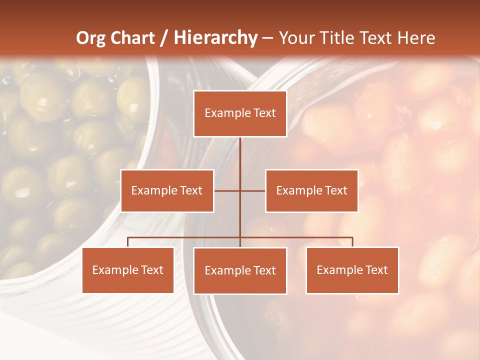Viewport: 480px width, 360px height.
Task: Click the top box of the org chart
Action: (240, 113)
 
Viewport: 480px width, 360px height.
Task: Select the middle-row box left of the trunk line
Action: (167, 190)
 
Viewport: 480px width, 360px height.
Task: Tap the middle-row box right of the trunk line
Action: (311, 190)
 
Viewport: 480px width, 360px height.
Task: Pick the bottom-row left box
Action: (128, 270)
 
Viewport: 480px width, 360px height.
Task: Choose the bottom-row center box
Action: (240, 270)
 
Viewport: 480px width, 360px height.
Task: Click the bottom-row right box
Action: (352, 270)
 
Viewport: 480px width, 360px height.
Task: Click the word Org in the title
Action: (90, 38)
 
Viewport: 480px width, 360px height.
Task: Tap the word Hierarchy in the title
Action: (215, 38)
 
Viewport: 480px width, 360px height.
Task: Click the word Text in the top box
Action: (263, 113)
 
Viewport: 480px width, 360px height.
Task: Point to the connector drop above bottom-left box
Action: (128, 242)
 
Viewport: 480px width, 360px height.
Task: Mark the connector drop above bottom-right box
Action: (352, 242)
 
